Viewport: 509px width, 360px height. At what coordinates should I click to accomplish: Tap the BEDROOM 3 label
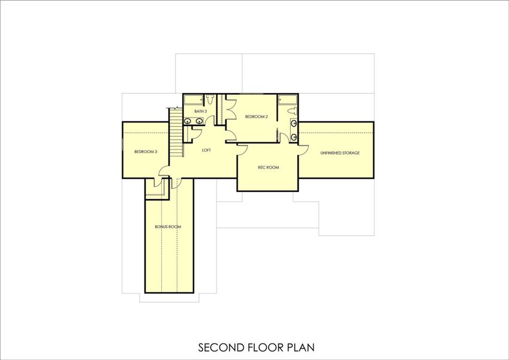pyautogui.click(x=146, y=152)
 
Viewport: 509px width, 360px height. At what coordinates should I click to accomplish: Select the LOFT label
pyautogui.click(x=206, y=150)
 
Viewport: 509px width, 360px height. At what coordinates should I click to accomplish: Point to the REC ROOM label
pyautogui.click(x=268, y=167)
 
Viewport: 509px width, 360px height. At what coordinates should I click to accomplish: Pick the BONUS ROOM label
pyautogui.click(x=168, y=227)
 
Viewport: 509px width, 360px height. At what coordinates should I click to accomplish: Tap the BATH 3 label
pyautogui.click(x=200, y=112)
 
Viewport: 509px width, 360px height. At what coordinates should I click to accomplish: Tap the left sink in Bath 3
pyautogui.click(x=188, y=121)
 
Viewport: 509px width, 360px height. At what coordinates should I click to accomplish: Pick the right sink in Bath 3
pyautogui.click(x=198, y=121)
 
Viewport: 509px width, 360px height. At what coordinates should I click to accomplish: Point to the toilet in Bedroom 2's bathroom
pyautogui.click(x=291, y=110)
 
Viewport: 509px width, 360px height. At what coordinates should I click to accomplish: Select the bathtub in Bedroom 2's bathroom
pyautogui.click(x=288, y=99)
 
